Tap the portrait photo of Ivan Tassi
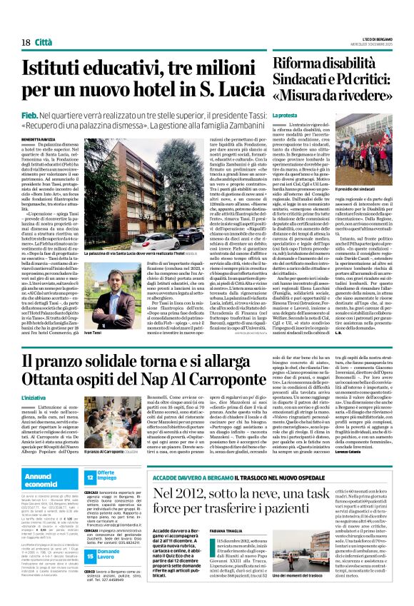(103, 296)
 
